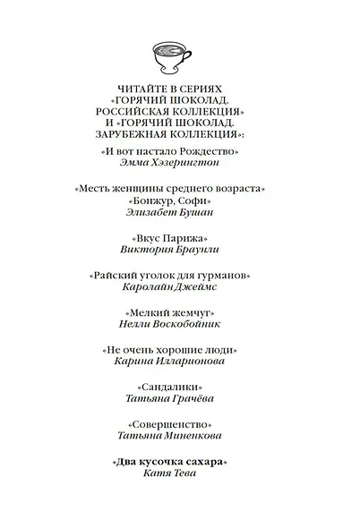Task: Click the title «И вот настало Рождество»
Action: click(181, 155)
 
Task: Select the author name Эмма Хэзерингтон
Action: click(181, 167)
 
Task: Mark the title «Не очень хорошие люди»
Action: click(181, 349)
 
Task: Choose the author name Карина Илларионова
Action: click(181, 362)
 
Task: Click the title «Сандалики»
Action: click(181, 386)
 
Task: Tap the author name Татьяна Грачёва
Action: click(181, 398)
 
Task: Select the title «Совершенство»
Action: click(181, 423)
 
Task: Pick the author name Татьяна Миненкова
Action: click(181, 436)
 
